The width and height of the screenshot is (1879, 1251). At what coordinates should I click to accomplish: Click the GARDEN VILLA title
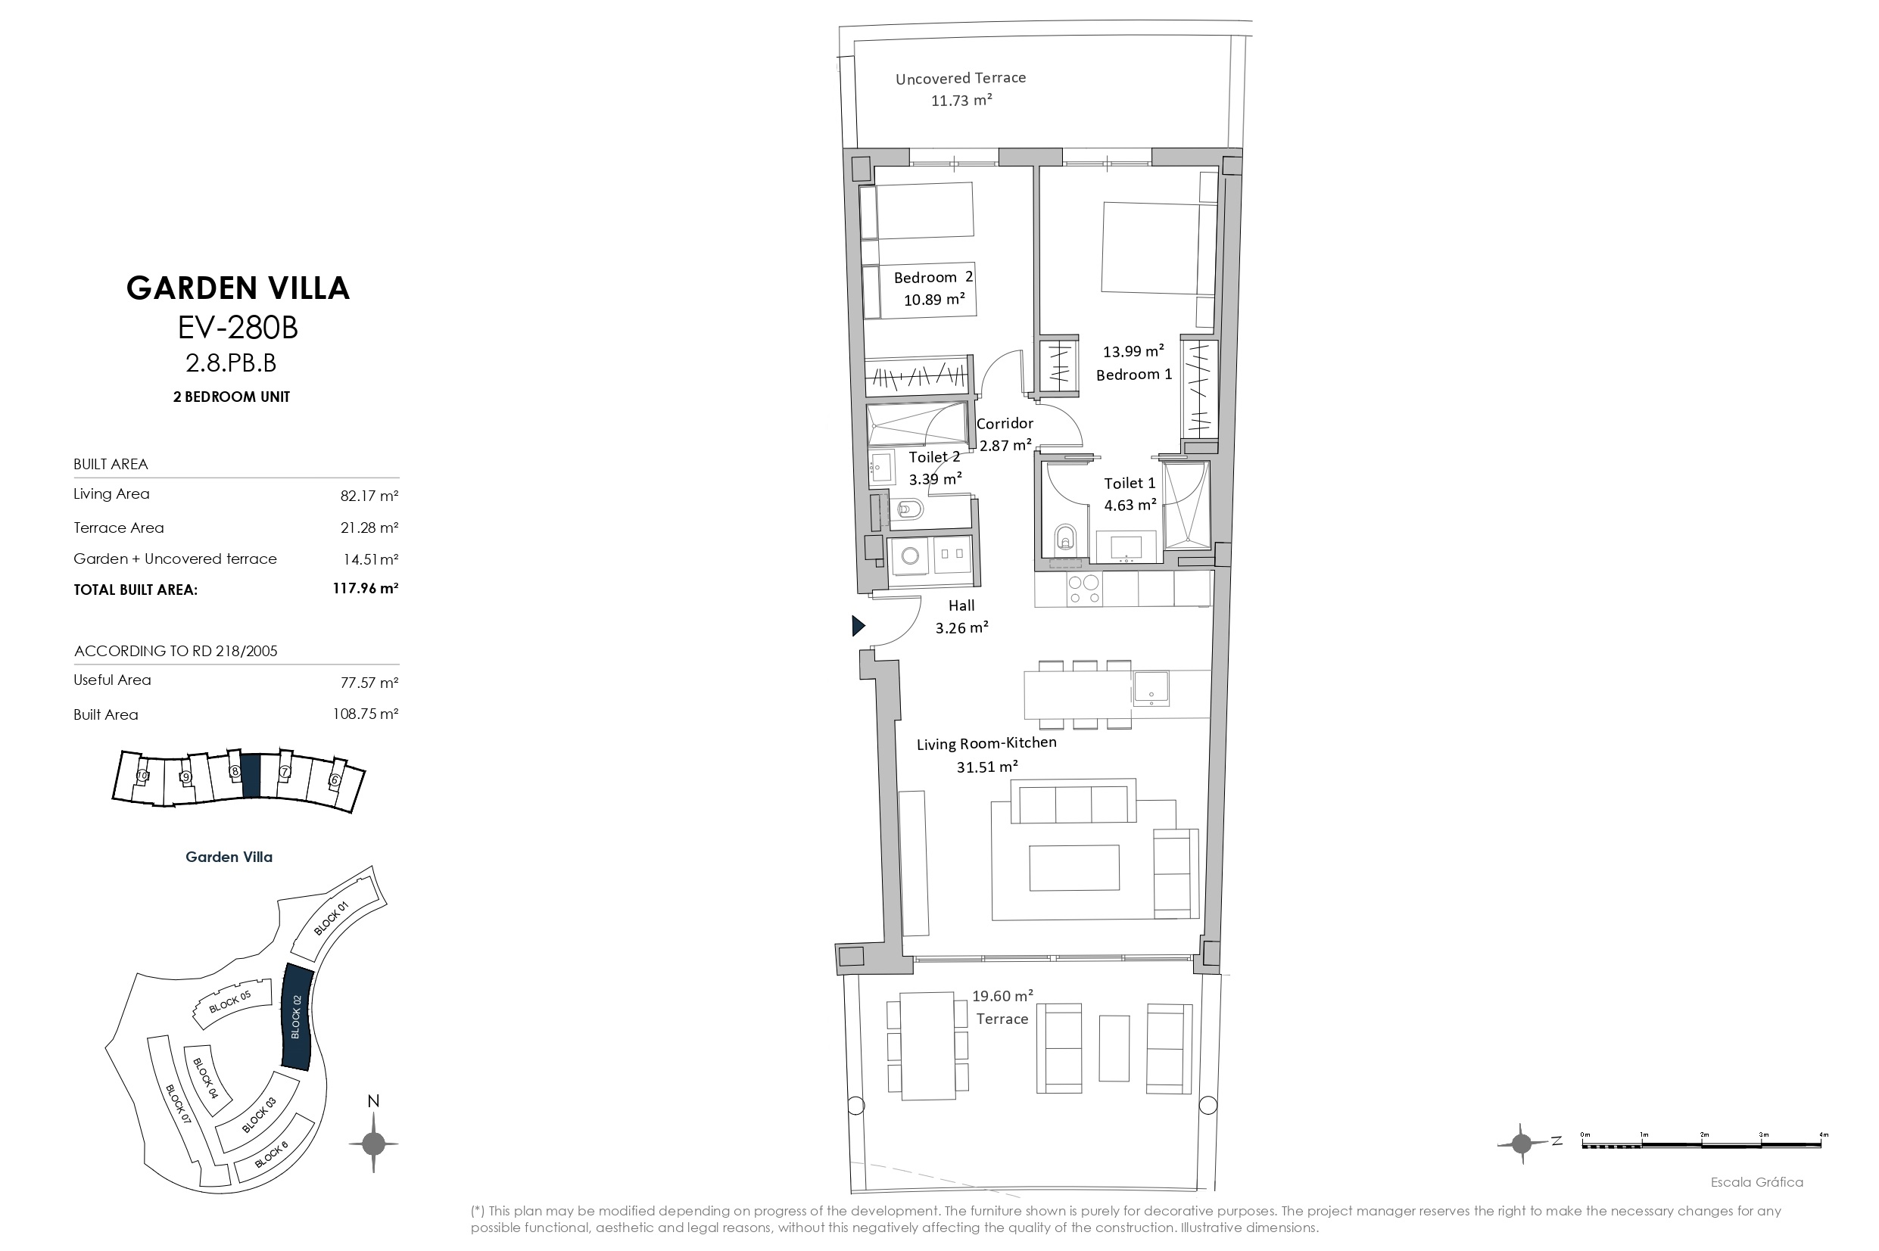tap(238, 288)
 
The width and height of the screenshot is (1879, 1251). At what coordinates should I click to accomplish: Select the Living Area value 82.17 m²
tap(369, 496)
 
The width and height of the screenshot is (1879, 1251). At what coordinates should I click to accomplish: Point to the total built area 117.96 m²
tap(366, 589)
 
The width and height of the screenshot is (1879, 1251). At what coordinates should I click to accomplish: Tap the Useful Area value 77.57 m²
tap(369, 682)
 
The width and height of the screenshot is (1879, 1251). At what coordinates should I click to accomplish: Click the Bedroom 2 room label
tap(933, 277)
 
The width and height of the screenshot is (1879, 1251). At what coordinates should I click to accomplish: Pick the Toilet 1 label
tap(1130, 483)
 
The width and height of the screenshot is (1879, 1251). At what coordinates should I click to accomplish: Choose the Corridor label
tap(1005, 424)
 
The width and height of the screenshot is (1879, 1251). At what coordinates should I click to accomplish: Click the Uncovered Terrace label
tap(961, 78)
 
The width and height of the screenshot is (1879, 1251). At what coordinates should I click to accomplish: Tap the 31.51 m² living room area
tap(987, 767)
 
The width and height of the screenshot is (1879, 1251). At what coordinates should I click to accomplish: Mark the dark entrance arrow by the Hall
tap(858, 625)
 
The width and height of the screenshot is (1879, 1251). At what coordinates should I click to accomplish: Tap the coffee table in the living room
tap(1073, 868)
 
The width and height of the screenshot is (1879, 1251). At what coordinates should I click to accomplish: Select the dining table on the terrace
tap(928, 1046)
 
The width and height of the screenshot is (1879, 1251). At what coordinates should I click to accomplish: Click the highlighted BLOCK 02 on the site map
tap(297, 1016)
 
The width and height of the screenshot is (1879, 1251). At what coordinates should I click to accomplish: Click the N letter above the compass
tap(372, 1102)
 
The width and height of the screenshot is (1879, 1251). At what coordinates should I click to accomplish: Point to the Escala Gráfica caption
tap(1757, 1182)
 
